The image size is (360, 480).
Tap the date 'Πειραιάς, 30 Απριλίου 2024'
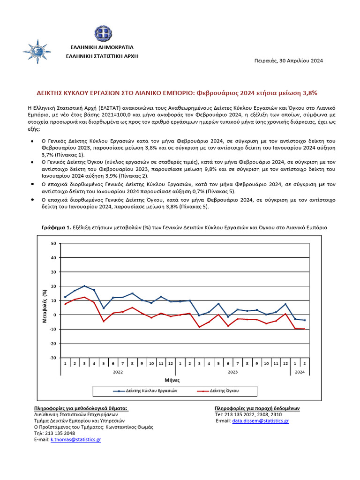288,60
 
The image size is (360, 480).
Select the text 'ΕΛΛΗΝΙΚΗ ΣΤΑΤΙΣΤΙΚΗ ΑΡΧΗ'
102,56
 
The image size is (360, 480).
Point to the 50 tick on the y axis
53,243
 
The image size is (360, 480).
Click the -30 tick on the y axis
52,358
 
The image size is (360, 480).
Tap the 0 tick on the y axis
54,315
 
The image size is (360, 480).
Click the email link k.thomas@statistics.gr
75,440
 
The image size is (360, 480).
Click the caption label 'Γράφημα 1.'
57,227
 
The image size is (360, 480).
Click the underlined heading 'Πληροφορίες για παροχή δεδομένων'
257,408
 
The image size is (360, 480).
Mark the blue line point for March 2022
84,286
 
